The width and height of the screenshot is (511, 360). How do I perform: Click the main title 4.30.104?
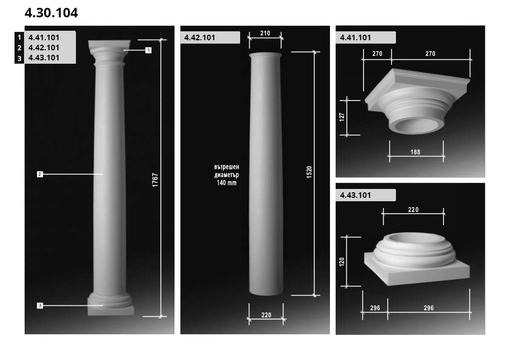[x=51, y=13]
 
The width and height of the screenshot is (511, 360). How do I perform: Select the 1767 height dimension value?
[x=155, y=179]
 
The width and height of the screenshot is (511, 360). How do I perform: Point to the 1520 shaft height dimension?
[x=309, y=172]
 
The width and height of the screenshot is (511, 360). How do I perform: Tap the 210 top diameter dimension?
[x=265, y=34]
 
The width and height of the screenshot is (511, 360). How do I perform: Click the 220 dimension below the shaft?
[x=266, y=315]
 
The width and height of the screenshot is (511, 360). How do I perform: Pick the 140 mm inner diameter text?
[x=227, y=183]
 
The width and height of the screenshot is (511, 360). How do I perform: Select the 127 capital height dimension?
[x=342, y=117]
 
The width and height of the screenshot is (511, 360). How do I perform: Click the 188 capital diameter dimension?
[x=415, y=152]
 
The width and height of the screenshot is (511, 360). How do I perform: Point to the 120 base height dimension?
[x=342, y=262]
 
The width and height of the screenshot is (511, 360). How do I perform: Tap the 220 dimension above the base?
[x=413, y=210]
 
